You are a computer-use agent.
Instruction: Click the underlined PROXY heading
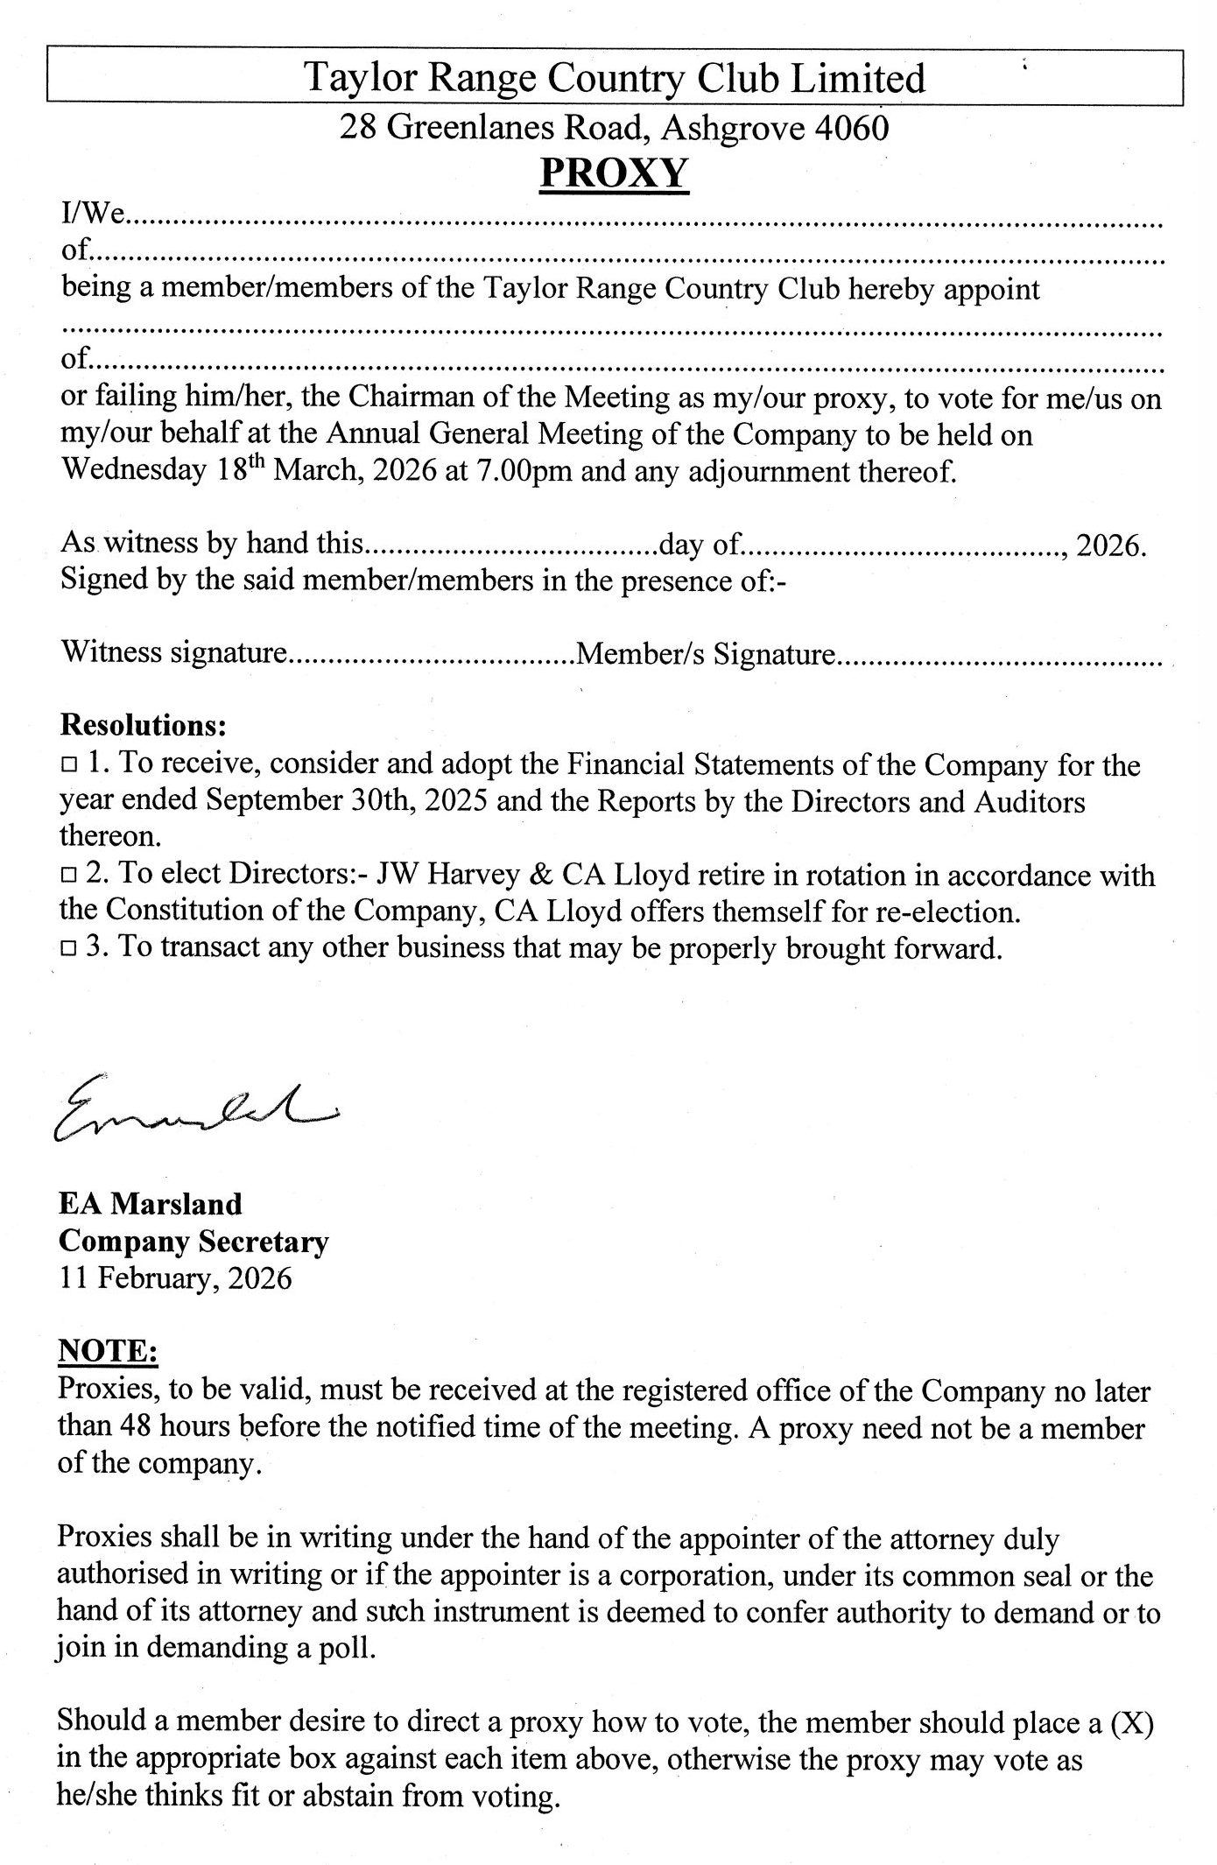click(614, 172)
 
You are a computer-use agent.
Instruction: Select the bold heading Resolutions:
click(144, 726)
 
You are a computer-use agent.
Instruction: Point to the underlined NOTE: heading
click(108, 1352)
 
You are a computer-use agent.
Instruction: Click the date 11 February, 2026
click(175, 1278)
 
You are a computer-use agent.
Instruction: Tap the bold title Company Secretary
click(193, 1242)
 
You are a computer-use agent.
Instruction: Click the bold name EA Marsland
click(150, 1204)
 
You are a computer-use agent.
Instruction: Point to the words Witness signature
click(173, 653)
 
